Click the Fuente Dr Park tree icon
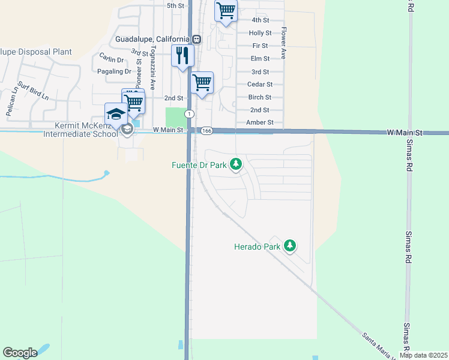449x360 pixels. click(x=236, y=164)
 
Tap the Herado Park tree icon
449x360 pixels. click(x=290, y=246)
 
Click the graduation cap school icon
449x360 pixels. click(x=115, y=114)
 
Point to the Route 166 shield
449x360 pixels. click(x=207, y=130)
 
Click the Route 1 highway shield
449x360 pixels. click(x=189, y=114)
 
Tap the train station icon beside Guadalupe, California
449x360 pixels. click(x=196, y=39)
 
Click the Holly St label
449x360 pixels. click(x=260, y=33)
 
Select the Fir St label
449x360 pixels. click(x=260, y=46)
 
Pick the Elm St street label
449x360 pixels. click(x=260, y=58)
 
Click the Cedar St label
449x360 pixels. click(x=260, y=85)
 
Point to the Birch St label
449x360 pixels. click(x=260, y=97)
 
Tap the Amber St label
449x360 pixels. click(x=260, y=122)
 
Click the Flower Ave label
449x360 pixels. click(x=283, y=46)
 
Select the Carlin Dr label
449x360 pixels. click(x=111, y=59)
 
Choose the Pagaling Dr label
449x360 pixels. click(x=113, y=71)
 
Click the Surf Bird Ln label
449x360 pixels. click(x=32, y=90)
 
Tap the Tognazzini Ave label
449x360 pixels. click(x=153, y=66)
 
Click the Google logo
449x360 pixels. click(x=20, y=353)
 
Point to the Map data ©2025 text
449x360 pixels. click(x=423, y=355)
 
